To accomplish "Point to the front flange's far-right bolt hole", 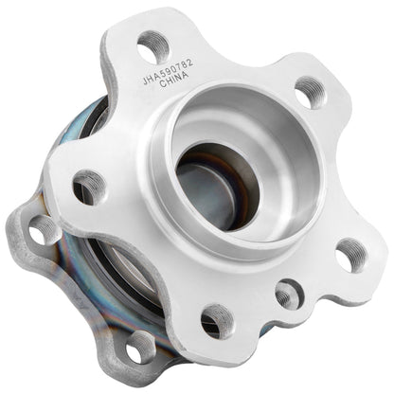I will pos(351,254).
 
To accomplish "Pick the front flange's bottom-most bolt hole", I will pos(217,320).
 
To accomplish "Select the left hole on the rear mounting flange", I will pos(44,227).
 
